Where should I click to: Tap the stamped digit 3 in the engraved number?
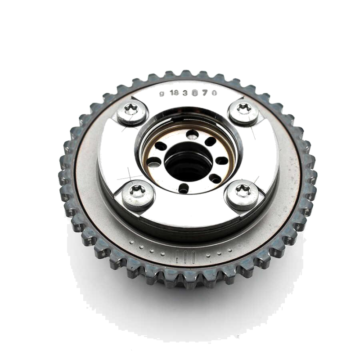pos(186,93)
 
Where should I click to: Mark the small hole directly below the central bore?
pos(184,188)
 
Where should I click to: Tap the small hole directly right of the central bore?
pos(222,161)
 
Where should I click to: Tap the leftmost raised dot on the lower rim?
pos(131,243)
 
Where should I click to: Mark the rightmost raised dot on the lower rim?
pos(230,250)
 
